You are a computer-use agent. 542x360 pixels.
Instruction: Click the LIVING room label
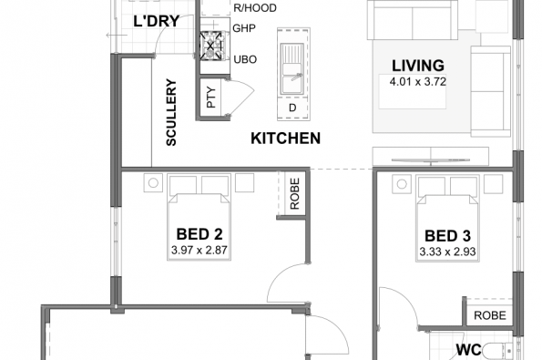click(x=417, y=66)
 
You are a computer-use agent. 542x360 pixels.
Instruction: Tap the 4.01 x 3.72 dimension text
click(x=417, y=82)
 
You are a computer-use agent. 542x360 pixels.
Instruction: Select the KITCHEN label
click(x=285, y=139)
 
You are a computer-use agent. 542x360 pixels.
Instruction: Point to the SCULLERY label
click(x=171, y=112)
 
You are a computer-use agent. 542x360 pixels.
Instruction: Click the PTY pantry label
click(x=211, y=98)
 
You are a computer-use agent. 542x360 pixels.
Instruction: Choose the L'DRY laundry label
click(x=157, y=22)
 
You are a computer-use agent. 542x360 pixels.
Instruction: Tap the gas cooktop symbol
click(x=210, y=46)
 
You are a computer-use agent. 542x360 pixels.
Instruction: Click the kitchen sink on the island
click(x=292, y=69)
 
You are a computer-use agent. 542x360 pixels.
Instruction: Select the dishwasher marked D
click(x=292, y=108)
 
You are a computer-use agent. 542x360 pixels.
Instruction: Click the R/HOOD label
click(x=255, y=8)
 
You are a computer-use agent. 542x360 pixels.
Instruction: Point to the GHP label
click(x=244, y=28)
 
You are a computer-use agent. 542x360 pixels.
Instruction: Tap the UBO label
click(x=245, y=59)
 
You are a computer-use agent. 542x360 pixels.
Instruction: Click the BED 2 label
click(x=199, y=234)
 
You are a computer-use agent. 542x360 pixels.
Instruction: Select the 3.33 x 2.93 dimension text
click(x=447, y=252)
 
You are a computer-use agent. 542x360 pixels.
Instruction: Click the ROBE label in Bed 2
click(x=294, y=193)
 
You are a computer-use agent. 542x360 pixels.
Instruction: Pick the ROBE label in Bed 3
click(x=490, y=315)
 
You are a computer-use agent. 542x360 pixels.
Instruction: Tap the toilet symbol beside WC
click(x=497, y=351)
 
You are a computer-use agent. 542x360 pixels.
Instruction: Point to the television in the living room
click(x=431, y=159)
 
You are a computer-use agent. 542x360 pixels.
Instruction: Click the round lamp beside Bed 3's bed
click(x=402, y=184)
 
